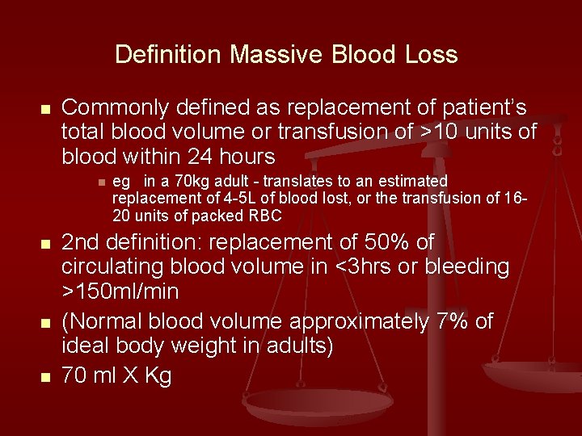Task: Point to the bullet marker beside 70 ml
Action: tap(46, 377)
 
